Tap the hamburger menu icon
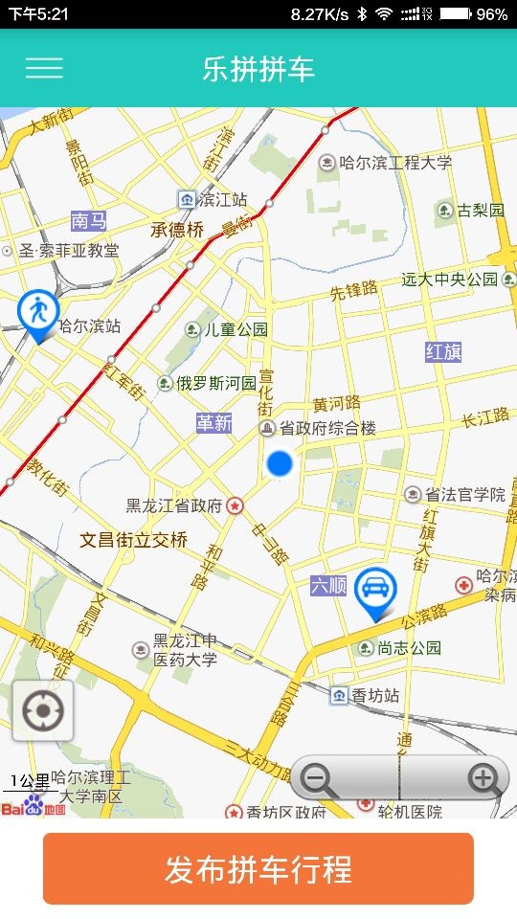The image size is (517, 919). pyautogui.click(x=44, y=68)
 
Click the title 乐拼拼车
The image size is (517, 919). pyautogui.click(x=258, y=69)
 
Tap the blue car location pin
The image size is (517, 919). pyautogui.click(x=374, y=591)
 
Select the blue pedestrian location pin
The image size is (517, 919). pyautogui.click(x=38, y=313)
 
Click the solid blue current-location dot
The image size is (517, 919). pyautogui.click(x=279, y=463)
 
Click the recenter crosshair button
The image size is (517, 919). pyautogui.click(x=43, y=711)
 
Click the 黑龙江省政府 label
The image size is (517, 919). pyautogui.click(x=174, y=505)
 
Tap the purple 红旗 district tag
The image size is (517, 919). pyautogui.click(x=443, y=351)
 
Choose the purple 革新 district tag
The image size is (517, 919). pyautogui.click(x=214, y=422)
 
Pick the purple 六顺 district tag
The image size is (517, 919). pyautogui.click(x=328, y=585)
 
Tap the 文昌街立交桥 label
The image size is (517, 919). pyautogui.click(x=133, y=540)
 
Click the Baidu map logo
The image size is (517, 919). pyautogui.click(x=34, y=807)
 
